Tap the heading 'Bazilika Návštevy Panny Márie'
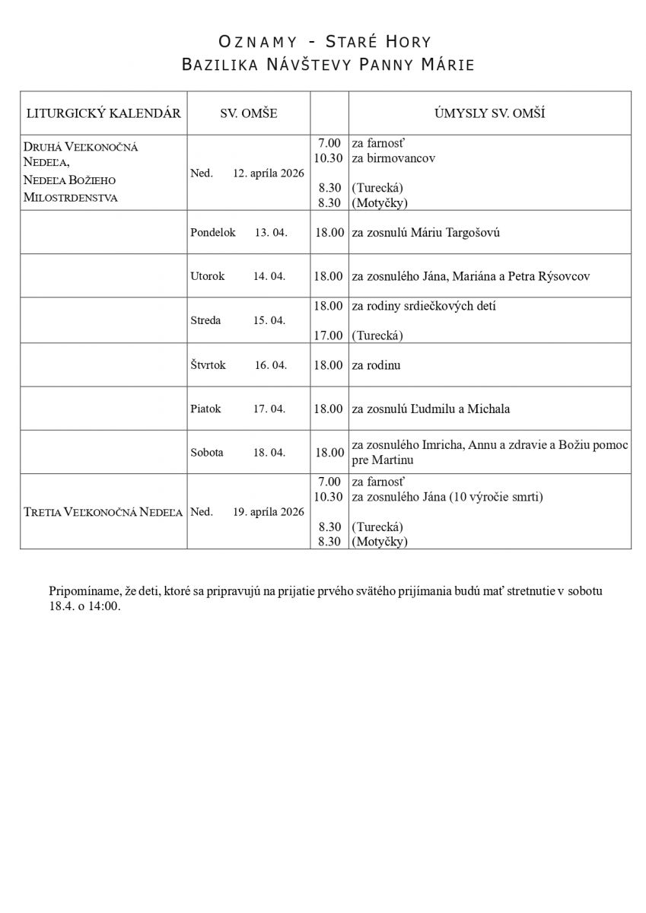[328, 65]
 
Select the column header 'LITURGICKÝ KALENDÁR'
[103, 113]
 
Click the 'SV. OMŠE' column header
[249, 113]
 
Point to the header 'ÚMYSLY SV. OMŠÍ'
[489, 113]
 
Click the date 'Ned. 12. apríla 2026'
[247, 173]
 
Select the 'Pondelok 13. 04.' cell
[239, 232]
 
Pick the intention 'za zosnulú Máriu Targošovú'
[425, 232]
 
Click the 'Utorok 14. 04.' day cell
[237, 276]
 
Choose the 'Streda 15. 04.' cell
[237, 320]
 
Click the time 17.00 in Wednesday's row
[329, 335]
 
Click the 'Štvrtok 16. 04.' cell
[238, 364]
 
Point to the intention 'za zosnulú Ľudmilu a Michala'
[430, 409]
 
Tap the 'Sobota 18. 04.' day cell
[237, 452]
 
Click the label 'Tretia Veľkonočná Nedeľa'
[103, 512]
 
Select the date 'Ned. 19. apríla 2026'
[247, 512]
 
